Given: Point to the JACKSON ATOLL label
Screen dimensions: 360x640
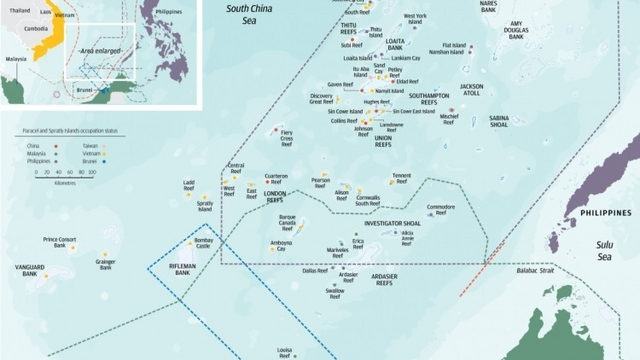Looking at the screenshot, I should pyautogui.click(x=471, y=90).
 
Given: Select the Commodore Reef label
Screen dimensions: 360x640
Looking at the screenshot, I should pyautogui.click(x=440, y=206).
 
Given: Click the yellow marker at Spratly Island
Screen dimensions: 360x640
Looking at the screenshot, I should pyautogui.click(x=204, y=198).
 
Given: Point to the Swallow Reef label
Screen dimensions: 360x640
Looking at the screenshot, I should pyautogui.click(x=321, y=293).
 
